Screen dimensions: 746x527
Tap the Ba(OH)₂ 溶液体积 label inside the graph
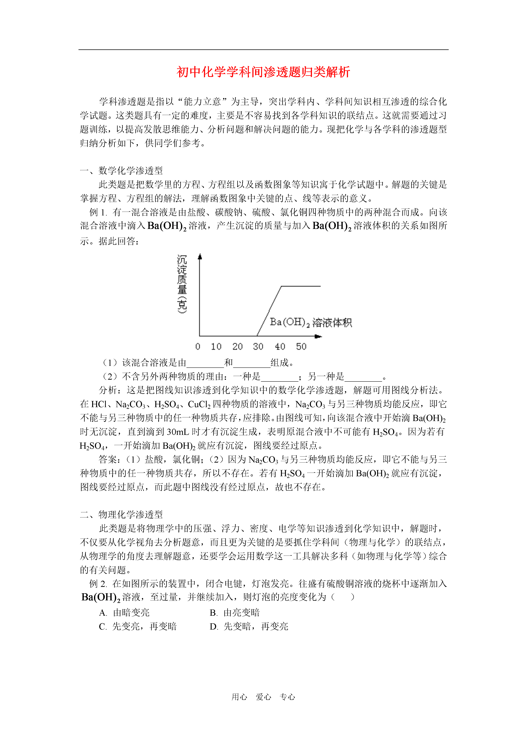310,322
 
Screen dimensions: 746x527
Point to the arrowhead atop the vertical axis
200,257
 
